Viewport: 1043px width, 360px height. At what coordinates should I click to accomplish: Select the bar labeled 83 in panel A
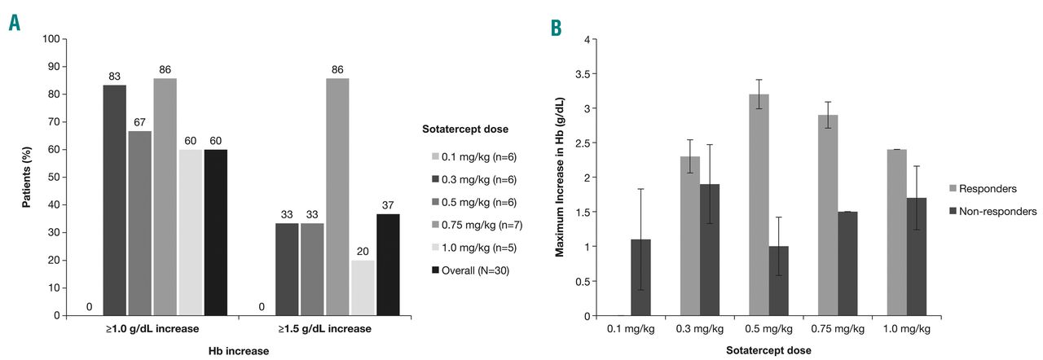point(114,200)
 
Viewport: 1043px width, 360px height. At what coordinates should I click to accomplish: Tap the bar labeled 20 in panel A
point(362,288)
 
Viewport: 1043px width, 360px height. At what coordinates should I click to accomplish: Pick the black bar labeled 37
point(388,264)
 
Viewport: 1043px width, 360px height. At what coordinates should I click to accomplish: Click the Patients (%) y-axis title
point(26,177)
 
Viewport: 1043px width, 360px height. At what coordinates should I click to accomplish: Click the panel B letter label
point(556,29)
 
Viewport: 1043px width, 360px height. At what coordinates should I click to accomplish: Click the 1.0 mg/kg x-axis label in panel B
point(906,330)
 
